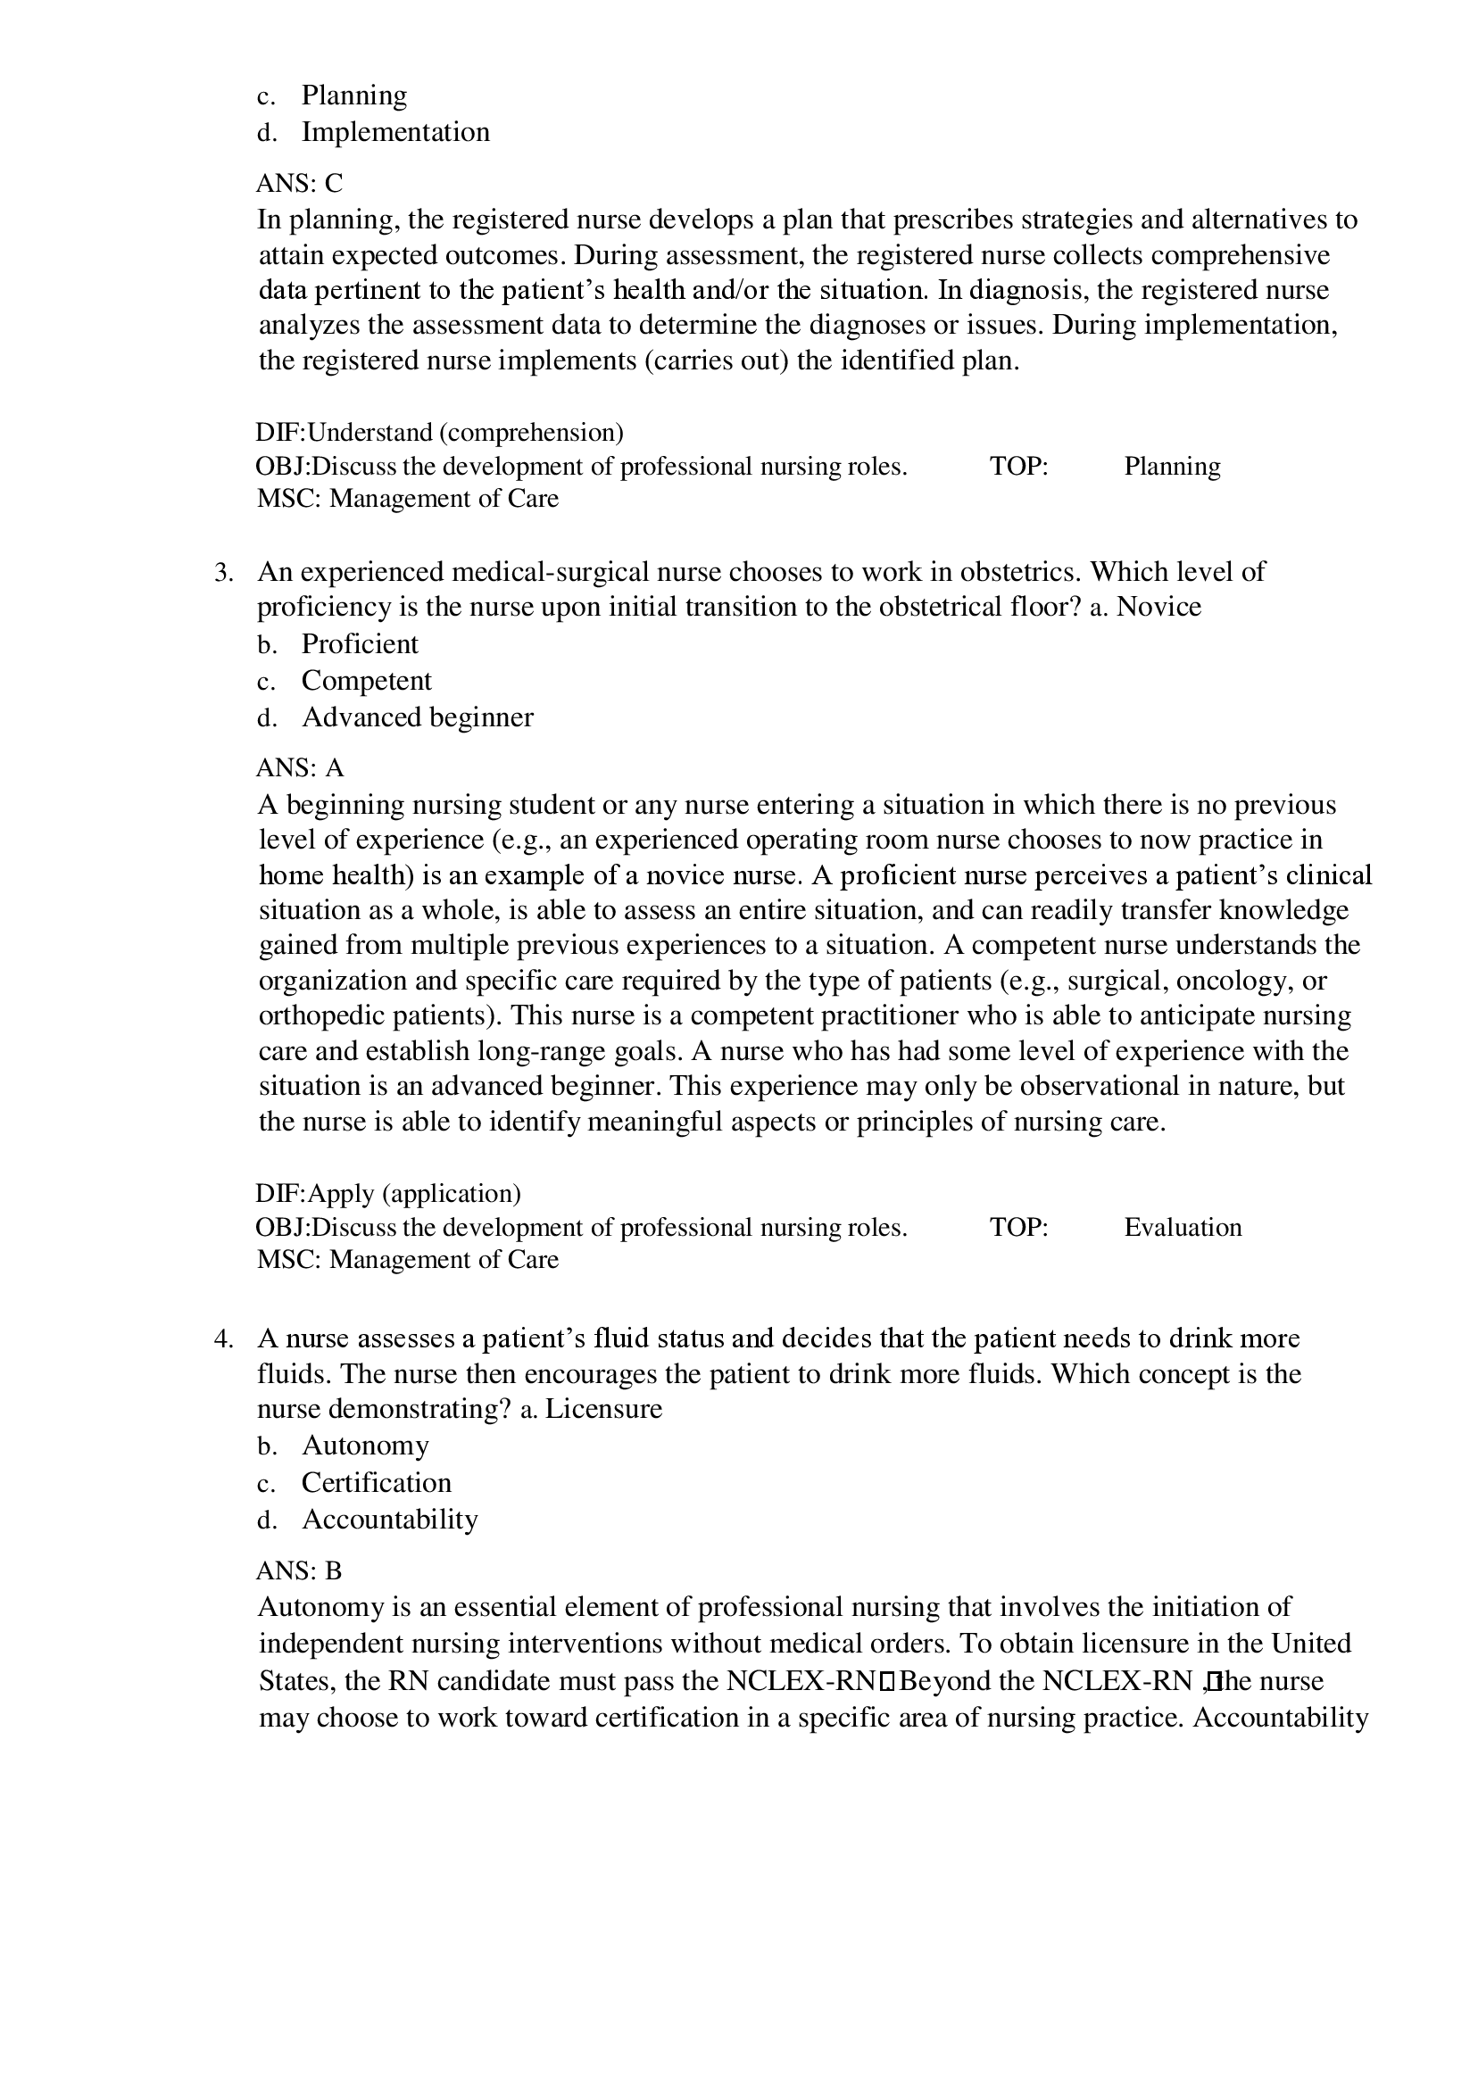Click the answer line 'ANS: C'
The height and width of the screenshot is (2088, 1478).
(x=299, y=184)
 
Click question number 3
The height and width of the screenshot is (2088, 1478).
(x=224, y=572)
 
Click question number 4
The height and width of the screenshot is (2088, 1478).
(x=224, y=1338)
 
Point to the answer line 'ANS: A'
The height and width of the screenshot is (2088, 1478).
(x=299, y=769)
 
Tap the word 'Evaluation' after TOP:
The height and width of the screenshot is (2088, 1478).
(x=1183, y=1227)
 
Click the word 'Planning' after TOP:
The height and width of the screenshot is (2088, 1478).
(x=1172, y=466)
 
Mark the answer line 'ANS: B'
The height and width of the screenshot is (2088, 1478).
(x=299, y=1571)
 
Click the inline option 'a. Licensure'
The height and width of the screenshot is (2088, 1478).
(x=591, y=1409)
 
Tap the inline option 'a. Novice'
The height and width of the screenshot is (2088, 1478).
(x=1145, y=607)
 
